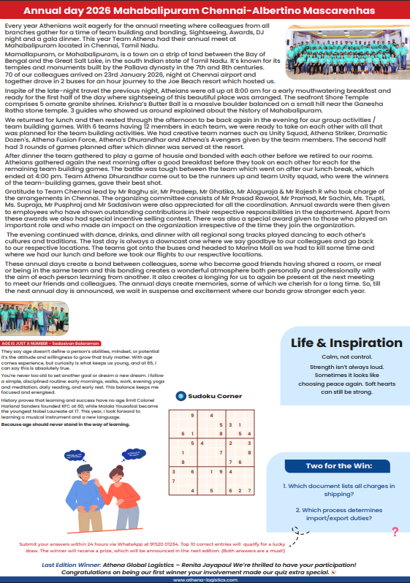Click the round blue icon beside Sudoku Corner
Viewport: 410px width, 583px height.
pyautogui.click(x=181, y=395)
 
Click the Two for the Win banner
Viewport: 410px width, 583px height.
pyautogui.click(x=338, y=465)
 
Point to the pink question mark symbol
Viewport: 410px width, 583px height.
pyautogui.click(x=395, y=532)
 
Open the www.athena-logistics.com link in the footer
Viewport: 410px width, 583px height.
pyautogui.click(x=205, y=579)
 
